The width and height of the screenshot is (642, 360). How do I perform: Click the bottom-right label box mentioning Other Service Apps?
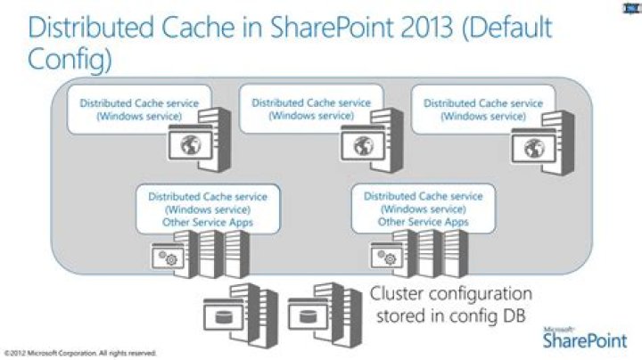point(423,209)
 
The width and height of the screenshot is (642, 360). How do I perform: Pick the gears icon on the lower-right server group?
point(386,258)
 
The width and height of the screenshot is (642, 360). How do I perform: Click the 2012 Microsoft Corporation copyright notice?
point(80,353)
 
